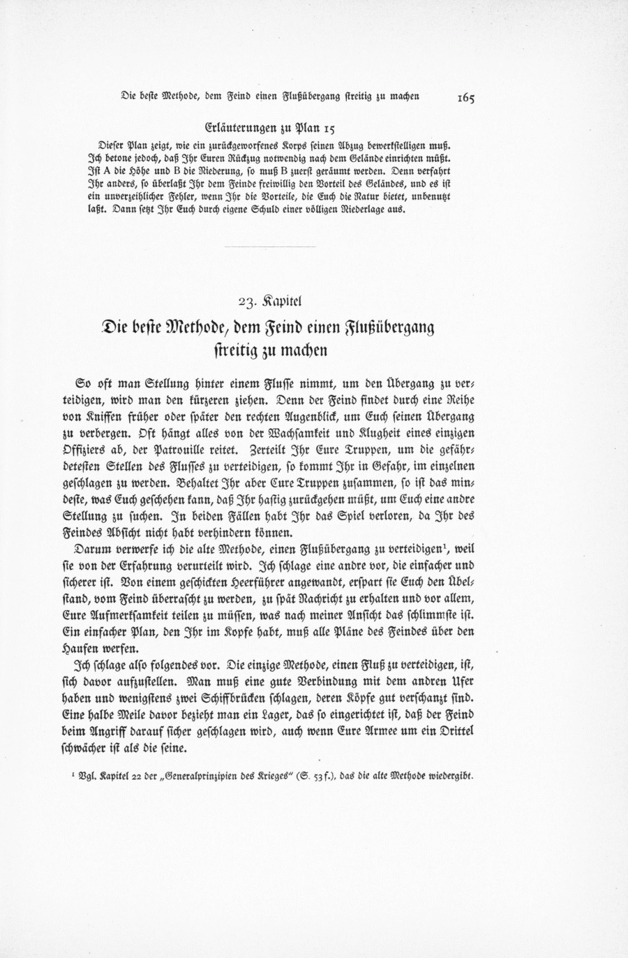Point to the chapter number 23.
248,302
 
